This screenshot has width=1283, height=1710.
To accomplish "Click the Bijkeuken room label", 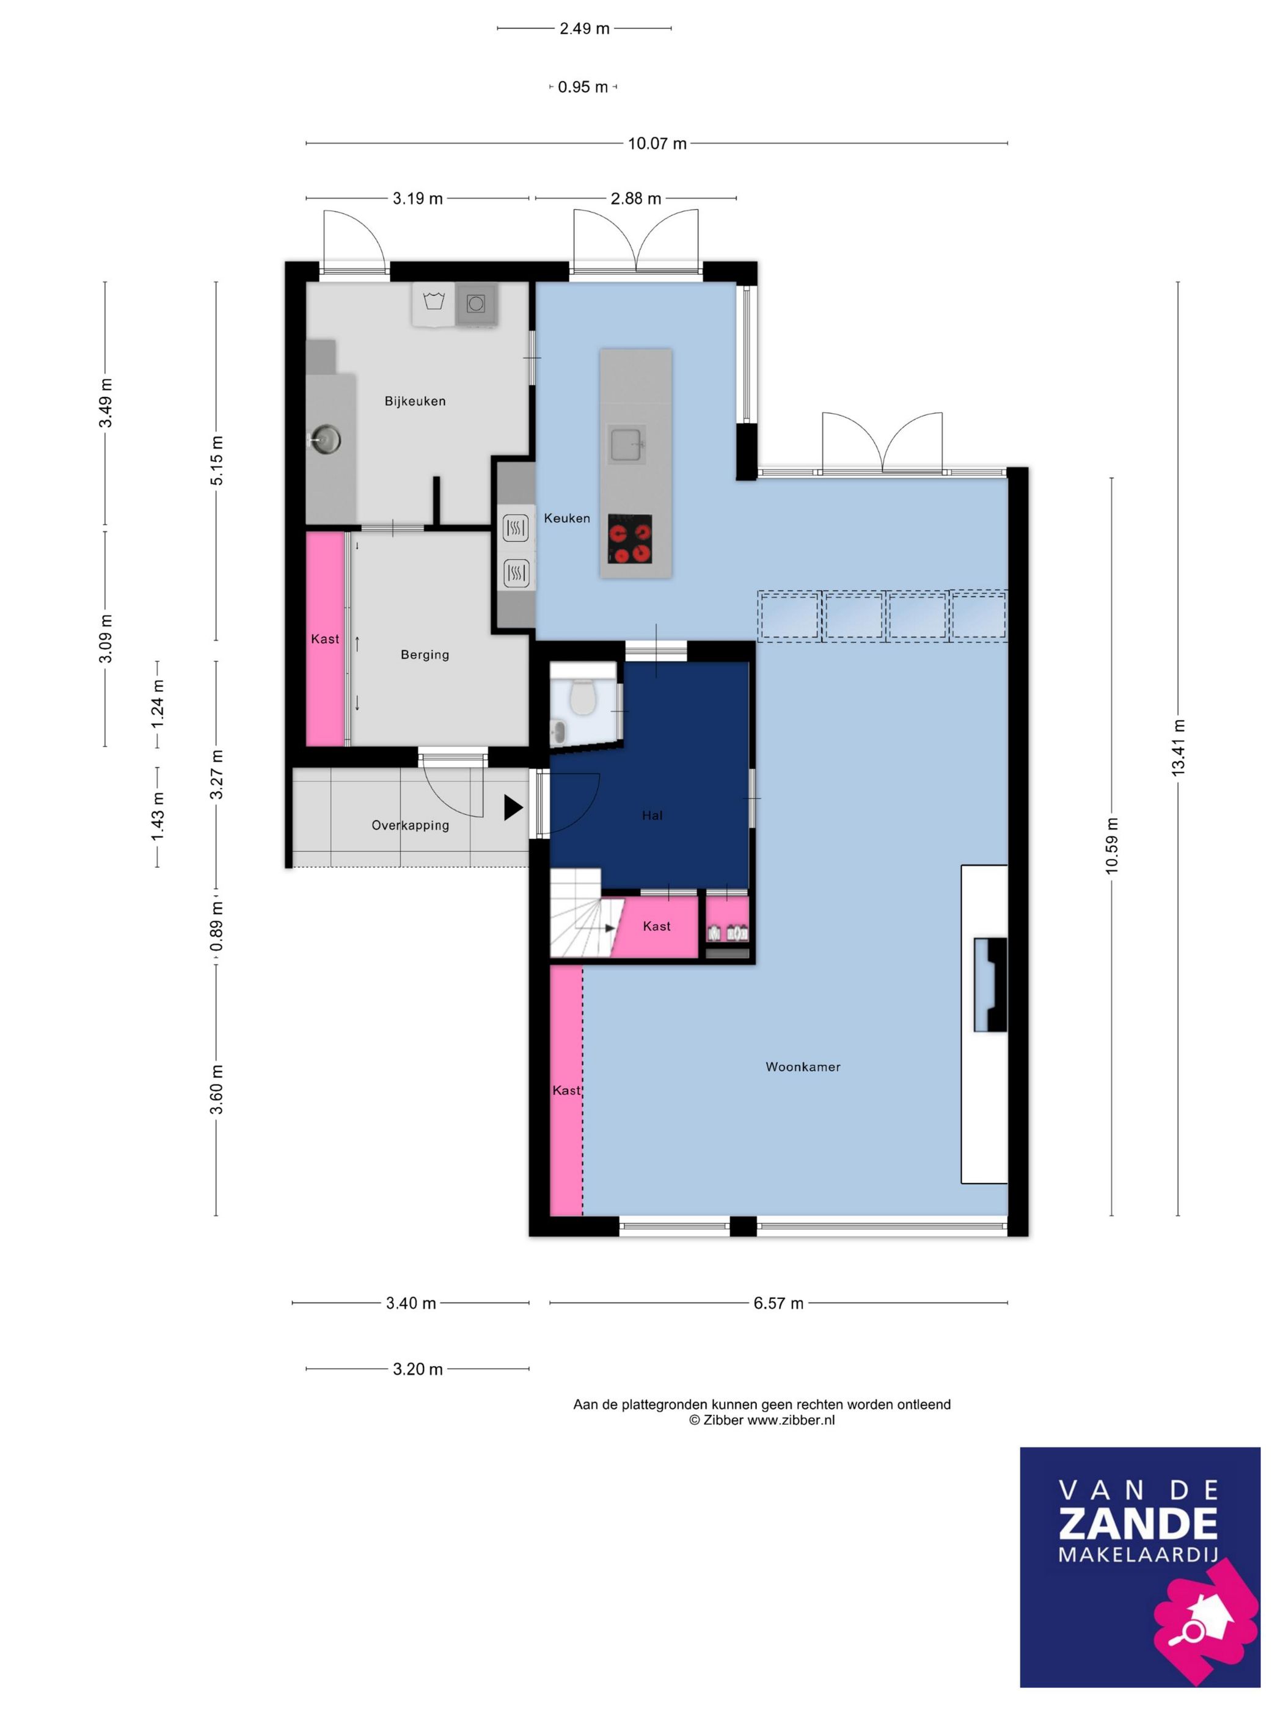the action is click(x=415, y=401).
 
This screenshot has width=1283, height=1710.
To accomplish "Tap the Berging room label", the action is click(x=425, y=655).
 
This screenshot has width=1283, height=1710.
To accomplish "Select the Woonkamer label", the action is click(x=803, y=1067).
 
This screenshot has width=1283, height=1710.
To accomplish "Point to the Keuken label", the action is click(x=567, y=518).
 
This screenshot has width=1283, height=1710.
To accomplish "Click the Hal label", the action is click(x=652, y=815).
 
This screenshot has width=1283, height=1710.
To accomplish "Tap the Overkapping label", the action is click(x=410, y=825).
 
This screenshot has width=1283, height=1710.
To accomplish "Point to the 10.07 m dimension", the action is click(x=657, y=143).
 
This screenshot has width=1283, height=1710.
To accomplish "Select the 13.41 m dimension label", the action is click(x=1178, y=748).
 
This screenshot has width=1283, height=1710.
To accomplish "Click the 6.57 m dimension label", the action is click(x=779, y=1303).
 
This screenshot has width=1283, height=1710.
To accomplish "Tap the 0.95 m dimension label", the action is click(x=583, y=87).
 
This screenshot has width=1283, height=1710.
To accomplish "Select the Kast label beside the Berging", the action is click(x=325, y=639).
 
